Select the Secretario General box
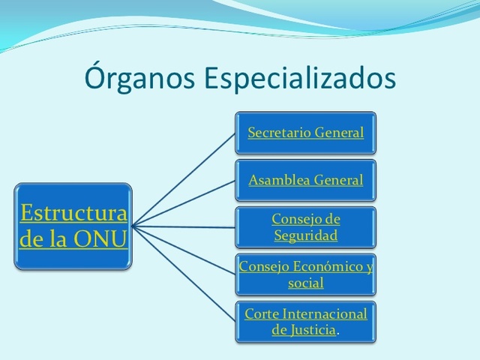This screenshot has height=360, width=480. coord(305,133)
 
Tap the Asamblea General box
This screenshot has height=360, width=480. coord(305,180)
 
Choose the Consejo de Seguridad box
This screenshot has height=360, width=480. coord(305,227)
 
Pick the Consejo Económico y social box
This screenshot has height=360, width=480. coord(305,274)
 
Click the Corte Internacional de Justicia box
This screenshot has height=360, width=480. coord(305,322)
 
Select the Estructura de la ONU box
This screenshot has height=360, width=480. coord(73,226)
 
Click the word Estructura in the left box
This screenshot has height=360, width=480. coord(73,213)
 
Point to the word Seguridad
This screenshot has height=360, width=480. coord(305,235)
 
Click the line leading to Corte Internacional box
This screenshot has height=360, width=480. coord(184,273)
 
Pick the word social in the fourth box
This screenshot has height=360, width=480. coord(306,283)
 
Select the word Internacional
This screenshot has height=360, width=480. coord(323,313)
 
